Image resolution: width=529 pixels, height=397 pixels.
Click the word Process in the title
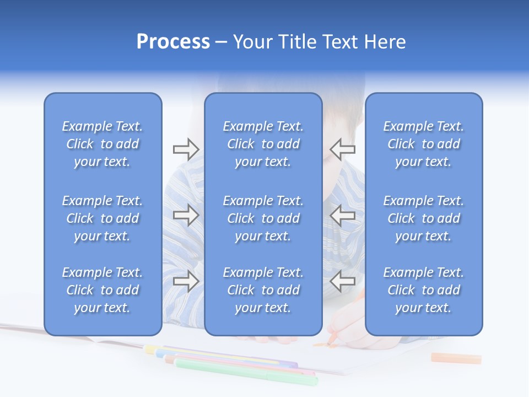point(173,42)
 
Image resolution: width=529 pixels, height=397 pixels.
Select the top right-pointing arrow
point(186,149)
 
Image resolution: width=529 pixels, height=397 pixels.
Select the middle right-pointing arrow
point(186,215)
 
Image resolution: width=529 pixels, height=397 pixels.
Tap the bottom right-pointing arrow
point(186,281)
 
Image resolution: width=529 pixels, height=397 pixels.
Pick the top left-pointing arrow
point(343,149)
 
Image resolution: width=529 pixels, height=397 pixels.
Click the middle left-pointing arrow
point(343,215)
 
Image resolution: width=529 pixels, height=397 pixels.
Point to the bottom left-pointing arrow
point(343,281)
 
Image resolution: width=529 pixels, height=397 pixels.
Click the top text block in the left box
point(102,144)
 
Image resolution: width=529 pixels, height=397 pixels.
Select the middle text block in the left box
point(102,218)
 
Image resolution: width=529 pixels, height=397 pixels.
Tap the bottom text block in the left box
point(102,290)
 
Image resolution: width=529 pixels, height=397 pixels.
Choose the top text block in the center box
point(263,144)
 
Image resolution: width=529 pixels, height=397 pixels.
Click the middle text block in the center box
point(263,218)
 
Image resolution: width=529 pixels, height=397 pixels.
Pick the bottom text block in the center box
point(263,290)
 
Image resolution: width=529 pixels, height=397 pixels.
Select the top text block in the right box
point(424,144)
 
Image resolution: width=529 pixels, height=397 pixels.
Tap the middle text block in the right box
point(424,218)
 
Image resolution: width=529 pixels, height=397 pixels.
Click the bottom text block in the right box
point(424,290)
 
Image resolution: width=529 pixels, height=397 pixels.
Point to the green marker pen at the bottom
point(248,372)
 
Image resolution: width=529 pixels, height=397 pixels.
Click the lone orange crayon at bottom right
point(456,358)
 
